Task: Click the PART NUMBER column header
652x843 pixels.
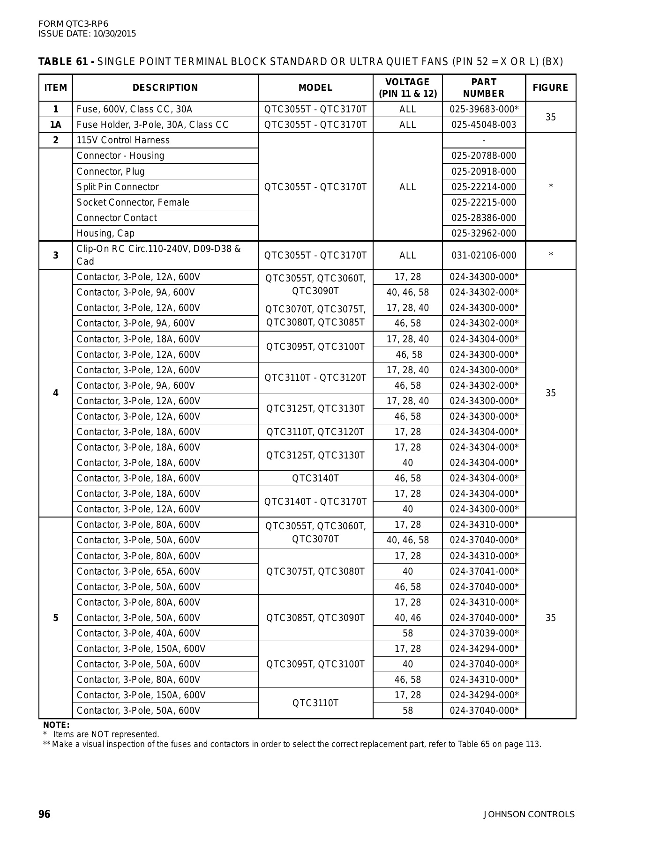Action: pos(484,88)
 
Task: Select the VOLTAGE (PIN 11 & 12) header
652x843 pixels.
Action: pos(407,88)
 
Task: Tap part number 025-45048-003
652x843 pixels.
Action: pos(484,125)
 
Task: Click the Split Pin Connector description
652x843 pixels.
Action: pos(118,187)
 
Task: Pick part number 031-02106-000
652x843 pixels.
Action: pos(484,255)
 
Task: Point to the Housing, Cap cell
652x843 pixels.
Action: pos(105,233)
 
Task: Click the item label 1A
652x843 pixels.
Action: pos(56,125)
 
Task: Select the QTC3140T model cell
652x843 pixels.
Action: pos(315,478)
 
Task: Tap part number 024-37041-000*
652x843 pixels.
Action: pos(484,571)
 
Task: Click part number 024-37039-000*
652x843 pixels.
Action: pos(484,633)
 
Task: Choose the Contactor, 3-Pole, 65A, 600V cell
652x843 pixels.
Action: pos(138,571)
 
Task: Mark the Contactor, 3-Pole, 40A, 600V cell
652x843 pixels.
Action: pos(138,633)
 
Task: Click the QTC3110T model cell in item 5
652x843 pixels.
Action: pos(315,703)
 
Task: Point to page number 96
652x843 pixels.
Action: pos(44,814)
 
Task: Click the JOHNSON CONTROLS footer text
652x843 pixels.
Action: pos(529,814)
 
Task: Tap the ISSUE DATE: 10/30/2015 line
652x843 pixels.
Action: pos(87,34)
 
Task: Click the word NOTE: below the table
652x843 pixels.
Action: pos(56,725)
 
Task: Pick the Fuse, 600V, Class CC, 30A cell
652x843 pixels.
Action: pos(134,109)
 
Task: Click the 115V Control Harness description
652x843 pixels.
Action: pos(123,140)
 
